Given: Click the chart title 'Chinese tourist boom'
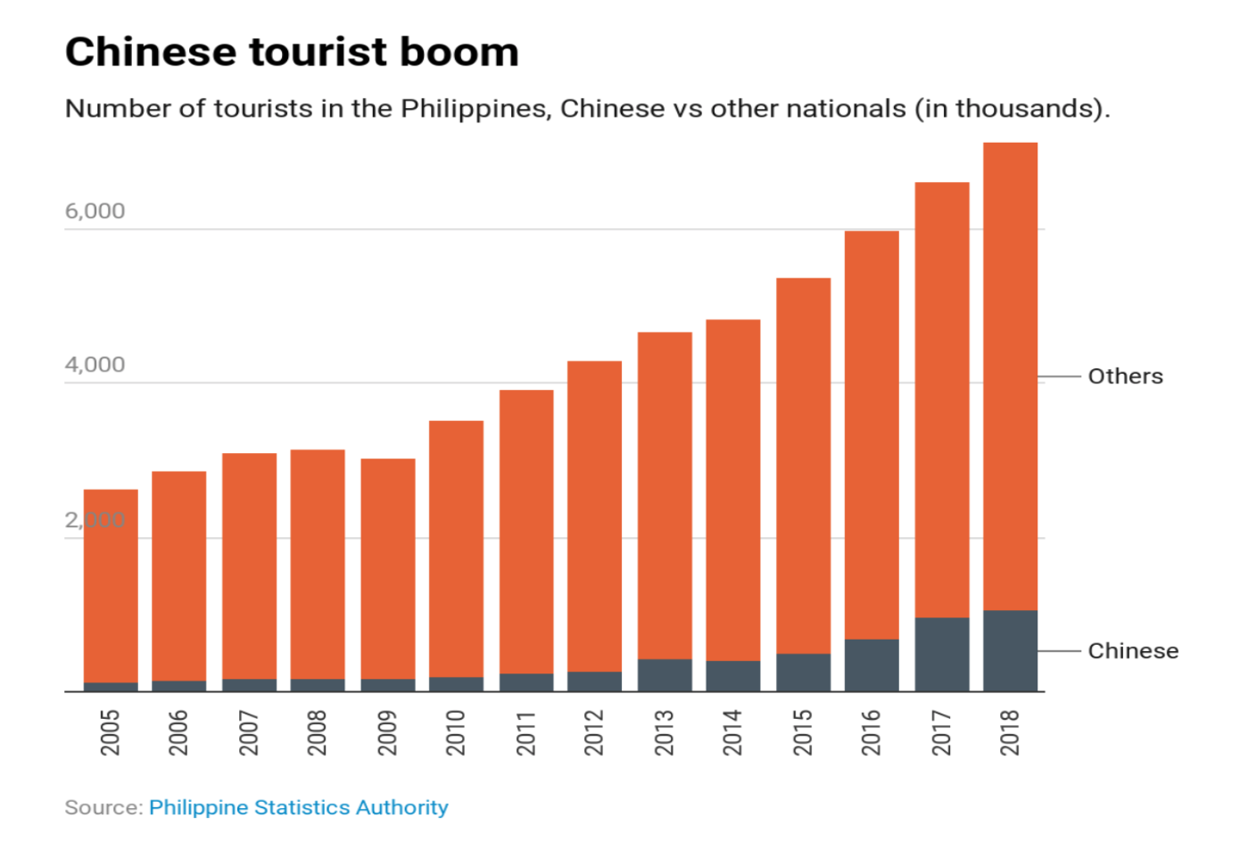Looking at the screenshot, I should tap(292, 52).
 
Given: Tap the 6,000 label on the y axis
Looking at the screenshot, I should tap(95, 211).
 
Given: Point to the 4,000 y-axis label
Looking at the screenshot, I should tap(95, 365).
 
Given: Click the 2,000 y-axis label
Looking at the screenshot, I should tap(95, 520).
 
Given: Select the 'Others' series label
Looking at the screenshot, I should tap(1125, 376).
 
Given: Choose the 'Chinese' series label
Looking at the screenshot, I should tap(1133, 651).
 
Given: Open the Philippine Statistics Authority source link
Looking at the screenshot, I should tap(298, 807).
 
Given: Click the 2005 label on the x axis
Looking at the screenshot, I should tap(110, 732).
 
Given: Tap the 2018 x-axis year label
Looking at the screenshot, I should tap(1010, 732).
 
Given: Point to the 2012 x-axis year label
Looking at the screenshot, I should tap(594, 732).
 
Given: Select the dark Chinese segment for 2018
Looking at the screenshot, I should tap(1010, 650).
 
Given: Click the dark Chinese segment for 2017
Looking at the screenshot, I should tap(941, 654).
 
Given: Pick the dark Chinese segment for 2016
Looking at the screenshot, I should tap(872, 665).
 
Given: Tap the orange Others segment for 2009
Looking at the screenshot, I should tap(387, 568).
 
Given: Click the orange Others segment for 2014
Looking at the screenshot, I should tap(732, 490).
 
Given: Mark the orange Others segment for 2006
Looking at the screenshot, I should tap(178, 575).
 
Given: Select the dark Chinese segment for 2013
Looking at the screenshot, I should tap(665, 674).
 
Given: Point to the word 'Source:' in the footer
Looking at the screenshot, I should tap(103, 807).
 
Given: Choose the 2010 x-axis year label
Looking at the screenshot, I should tap(456, 732).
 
